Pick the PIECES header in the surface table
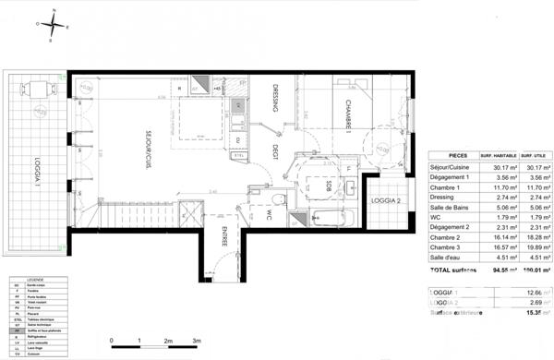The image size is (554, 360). [457, 157]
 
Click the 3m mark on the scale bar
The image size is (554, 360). [196, 342]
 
